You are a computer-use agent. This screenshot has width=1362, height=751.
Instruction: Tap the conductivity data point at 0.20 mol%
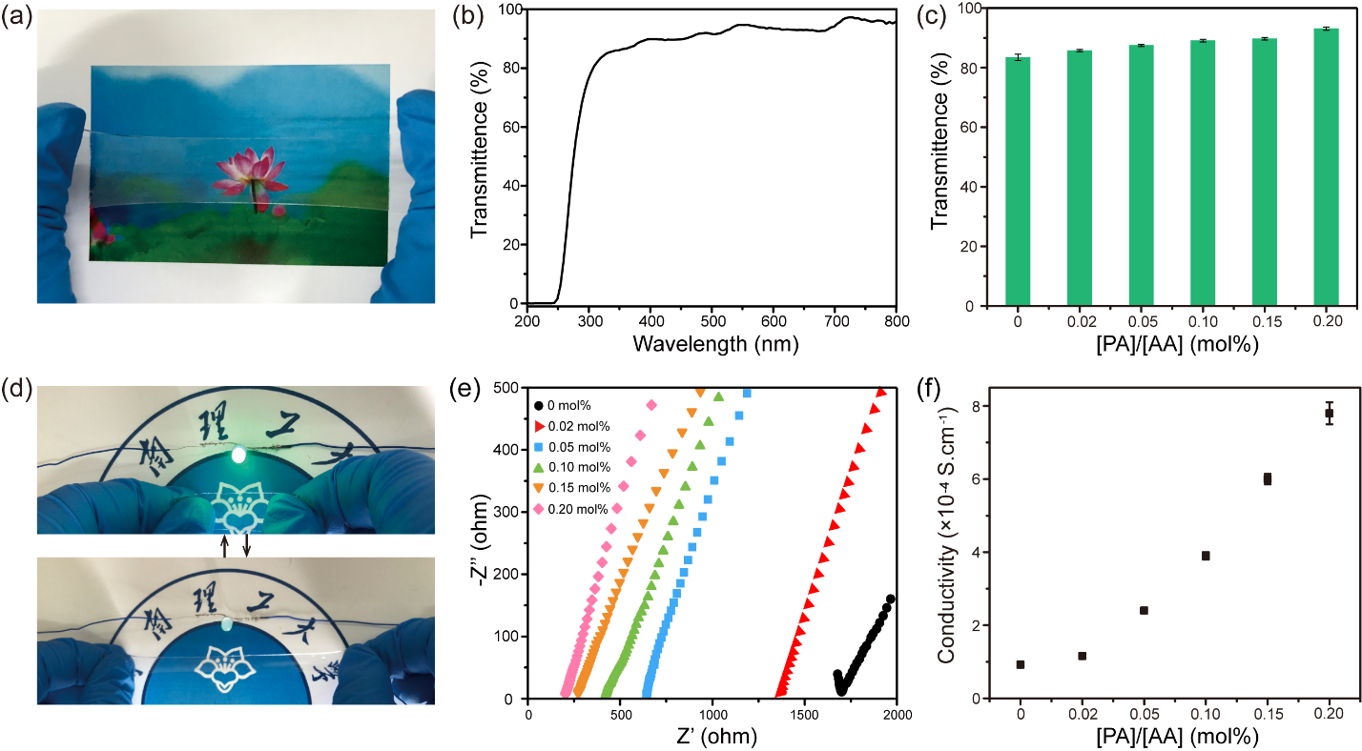(x=1329, y=413)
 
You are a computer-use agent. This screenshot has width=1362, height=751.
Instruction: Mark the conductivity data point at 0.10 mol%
(x=1206, y=556)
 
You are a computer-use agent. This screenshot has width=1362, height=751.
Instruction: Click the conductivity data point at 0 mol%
(x=1021, y=664)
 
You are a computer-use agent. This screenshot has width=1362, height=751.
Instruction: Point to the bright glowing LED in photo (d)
(x=238, y=456)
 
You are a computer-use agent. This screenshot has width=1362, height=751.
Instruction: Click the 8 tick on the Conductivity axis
(x=982, y=406)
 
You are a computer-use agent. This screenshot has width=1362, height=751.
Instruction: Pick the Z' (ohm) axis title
(x=711, y=737)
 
